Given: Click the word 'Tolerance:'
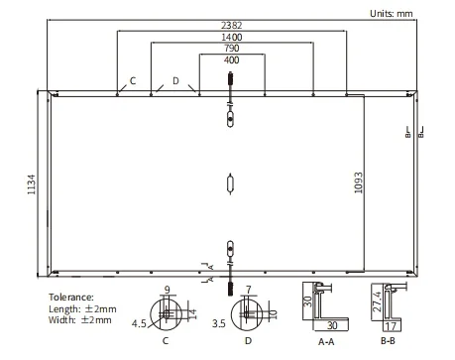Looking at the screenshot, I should [71, 297].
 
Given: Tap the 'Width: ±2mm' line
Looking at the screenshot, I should [78, 320].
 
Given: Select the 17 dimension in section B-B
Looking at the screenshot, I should [391, 324].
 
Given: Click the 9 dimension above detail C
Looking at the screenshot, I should [167, 291].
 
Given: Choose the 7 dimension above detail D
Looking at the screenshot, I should [249, 291].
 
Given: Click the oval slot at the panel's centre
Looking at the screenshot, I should [229, 184].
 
